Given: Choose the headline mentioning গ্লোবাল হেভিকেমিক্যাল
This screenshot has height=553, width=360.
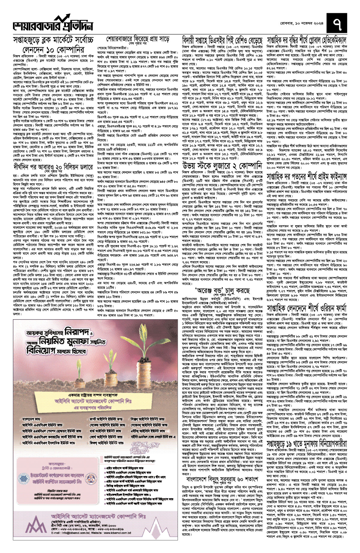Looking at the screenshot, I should click(311, 40).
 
